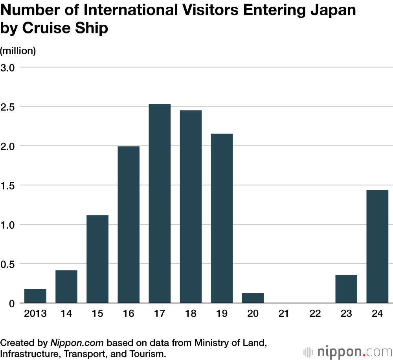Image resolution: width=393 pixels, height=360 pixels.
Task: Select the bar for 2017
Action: click(x=160, y=204)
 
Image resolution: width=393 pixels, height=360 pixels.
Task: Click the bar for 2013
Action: click(x=35, y=296)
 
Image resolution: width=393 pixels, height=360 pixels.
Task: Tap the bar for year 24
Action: click(x=377, y=246)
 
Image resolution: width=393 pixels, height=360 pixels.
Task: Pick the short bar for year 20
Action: click(x=253, y=298)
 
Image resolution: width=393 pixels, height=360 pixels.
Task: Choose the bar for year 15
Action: click(x=97, y=259)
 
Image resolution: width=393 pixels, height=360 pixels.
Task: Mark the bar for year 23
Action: click(x=346, y=289)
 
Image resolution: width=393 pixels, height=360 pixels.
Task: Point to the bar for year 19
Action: click(x=222, y=218)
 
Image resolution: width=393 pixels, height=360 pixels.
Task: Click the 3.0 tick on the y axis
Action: click(x=8, y=67)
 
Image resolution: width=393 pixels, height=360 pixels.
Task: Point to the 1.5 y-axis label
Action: click(x=8, y=185)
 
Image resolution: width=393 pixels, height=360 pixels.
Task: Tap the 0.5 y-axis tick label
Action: click(x=8, y=264)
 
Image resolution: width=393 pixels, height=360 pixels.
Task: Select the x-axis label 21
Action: click(x=284, y=314)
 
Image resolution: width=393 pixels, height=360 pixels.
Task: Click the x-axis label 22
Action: click(x=315, y=314)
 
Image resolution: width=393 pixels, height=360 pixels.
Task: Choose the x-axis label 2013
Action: click(x=35, y=314)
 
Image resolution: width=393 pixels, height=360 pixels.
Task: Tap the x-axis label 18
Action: click(x=191, y=314)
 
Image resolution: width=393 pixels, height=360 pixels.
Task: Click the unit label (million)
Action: click(x=18, y=51)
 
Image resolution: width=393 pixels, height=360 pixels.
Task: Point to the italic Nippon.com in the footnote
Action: click(x=77, y=343)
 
